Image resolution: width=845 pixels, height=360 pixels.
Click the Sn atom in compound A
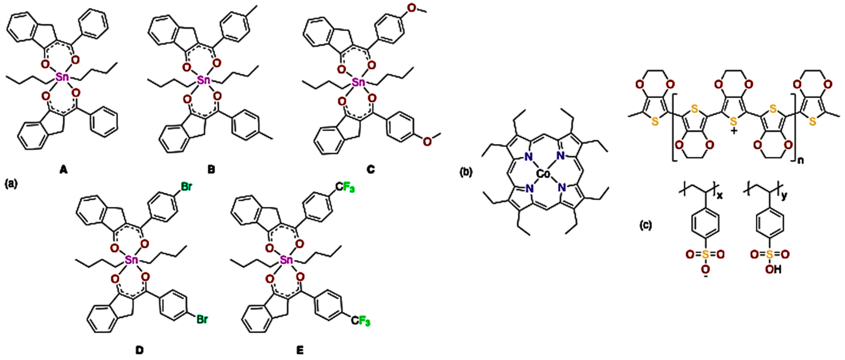62,78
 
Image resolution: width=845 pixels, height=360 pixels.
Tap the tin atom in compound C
358,82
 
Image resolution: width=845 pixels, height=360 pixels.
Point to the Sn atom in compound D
131,260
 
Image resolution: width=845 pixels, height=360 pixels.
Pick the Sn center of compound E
286,260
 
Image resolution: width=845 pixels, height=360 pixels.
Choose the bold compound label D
139,350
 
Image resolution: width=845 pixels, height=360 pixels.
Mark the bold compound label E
300,350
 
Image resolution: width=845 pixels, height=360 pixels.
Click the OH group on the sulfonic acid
773,270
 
